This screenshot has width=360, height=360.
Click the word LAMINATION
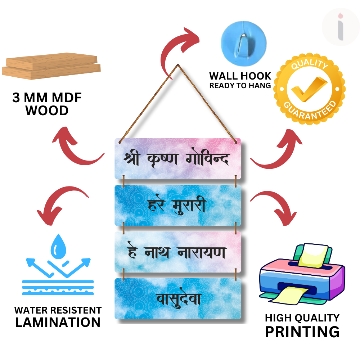(x=58, y=322)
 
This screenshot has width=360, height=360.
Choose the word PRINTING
(x=302, y=332)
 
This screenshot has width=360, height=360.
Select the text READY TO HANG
(x=240, y=86)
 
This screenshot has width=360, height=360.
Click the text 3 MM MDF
(x=47, y=98)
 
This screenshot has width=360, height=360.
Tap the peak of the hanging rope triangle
(x=178, y=66)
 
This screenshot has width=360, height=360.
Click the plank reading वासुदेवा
(x=178, y=299)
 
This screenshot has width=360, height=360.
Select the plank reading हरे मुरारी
(x=178, y=206)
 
